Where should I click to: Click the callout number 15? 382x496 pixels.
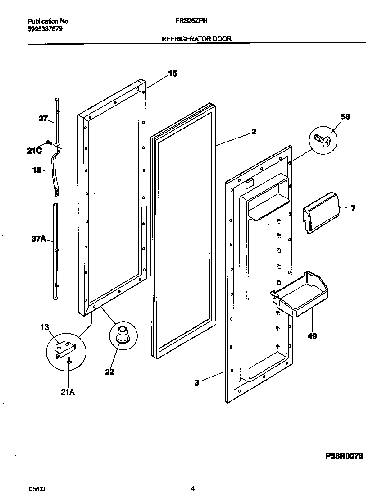coord(173,74)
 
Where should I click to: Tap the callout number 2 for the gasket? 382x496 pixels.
coord(254,132)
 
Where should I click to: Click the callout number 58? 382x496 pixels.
coord(345,117)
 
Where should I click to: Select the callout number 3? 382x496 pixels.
coord(197,383)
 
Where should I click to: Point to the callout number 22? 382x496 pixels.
coord(109,372)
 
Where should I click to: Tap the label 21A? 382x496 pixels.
coord(68,392)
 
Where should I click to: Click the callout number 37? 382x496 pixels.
coord(43,119)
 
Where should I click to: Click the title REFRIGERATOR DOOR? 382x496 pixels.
coord(196,39)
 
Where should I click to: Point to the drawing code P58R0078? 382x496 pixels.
coord(344,456)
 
